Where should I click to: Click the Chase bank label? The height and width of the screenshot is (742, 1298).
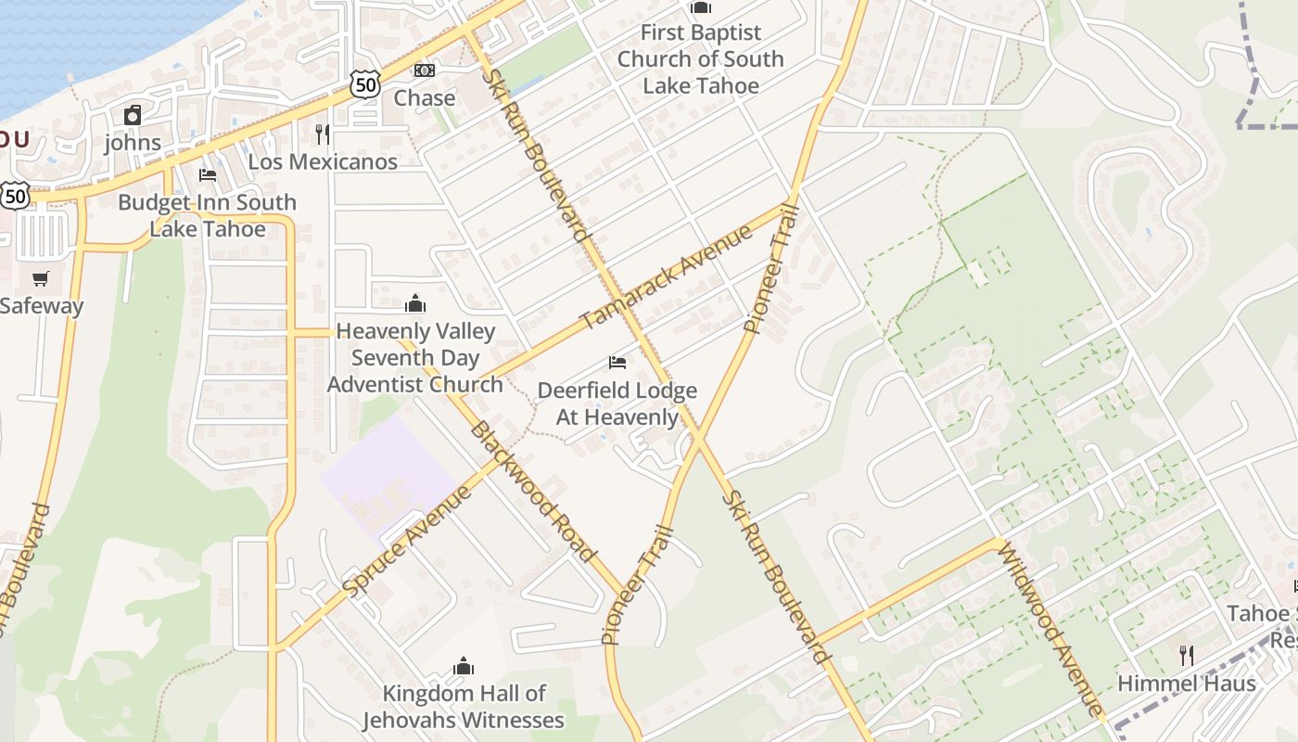pos(425,97)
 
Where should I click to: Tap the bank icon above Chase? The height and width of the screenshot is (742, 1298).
pos(425,70)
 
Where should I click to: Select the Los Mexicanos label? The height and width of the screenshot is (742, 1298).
pos(323,161)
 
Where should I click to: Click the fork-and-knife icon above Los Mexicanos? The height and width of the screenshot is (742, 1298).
pos(323,134)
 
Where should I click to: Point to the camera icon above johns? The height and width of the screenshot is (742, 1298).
pos(133,115)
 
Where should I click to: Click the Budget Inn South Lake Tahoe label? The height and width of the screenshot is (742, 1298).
pos(207,215)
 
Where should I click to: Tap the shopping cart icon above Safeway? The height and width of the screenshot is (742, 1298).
pos(41,278)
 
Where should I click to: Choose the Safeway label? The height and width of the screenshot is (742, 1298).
pos(42,306)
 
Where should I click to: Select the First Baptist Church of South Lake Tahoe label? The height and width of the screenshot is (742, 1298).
pos(701,58)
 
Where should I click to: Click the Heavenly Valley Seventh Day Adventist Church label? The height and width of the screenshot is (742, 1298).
pos(415,358)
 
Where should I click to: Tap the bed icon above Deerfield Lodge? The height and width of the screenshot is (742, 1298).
pos(617,362)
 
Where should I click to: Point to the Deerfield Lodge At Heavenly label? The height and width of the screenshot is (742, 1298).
pos(617,403)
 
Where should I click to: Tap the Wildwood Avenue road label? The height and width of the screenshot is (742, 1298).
pos(1050,629)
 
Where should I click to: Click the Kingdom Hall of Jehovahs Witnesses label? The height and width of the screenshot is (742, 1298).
pos(464,707)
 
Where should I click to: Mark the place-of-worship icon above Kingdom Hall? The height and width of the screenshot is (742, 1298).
pos(464,666)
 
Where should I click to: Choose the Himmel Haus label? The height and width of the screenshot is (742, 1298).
pos(1187,684)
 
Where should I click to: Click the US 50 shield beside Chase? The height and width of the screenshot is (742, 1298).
pos(366,83)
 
